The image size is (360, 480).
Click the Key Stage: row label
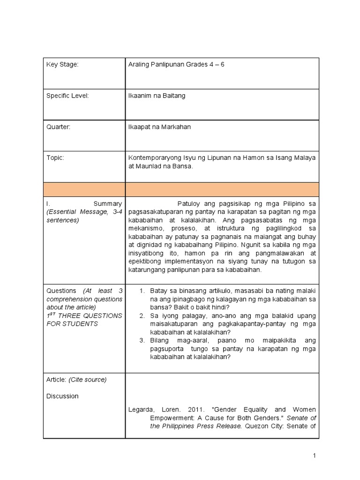(x=62, y=65)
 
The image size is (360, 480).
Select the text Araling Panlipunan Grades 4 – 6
(x=176, y=65)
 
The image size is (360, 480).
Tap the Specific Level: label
(x=67, y=96)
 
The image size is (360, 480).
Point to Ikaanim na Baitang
(x=157, y=96)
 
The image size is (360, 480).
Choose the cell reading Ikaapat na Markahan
(x=159, y=127)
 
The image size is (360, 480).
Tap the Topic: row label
(x=55, y=158)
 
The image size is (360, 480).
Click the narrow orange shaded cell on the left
(x=84, y=189)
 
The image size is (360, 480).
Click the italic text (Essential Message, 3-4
(x=84, y=212)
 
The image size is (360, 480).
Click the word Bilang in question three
(x=159, y=340)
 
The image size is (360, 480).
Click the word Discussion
(x=62, y=396)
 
